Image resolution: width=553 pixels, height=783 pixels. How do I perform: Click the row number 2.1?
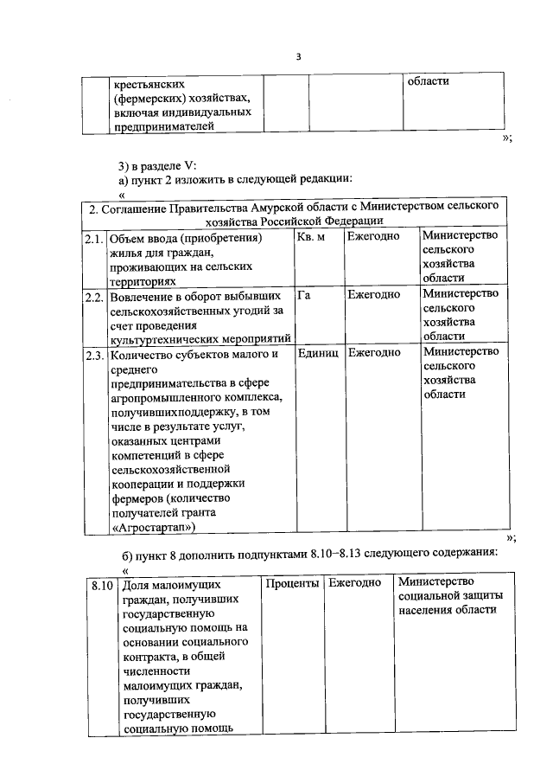point(94,237)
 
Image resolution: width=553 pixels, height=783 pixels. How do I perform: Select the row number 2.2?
point(94,295)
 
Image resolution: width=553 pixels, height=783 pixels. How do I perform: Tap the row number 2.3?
point(94,353)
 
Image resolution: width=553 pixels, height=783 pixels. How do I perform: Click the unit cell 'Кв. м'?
point(310,237)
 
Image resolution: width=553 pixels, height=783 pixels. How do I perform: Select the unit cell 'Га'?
point(303,295)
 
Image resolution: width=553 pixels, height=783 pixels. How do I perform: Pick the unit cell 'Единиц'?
point(318,353)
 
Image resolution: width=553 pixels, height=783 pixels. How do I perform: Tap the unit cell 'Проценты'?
point(293,584)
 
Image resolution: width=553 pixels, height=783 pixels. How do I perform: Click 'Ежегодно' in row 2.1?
point(373,237)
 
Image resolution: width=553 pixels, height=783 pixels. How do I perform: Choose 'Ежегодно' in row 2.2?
point(373,295)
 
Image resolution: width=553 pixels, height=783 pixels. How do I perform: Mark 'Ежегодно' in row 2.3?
point(373,353)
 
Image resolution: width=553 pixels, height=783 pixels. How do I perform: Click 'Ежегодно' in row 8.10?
point(354,584)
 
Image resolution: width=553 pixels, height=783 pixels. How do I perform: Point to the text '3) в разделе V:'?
point(157,164)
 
